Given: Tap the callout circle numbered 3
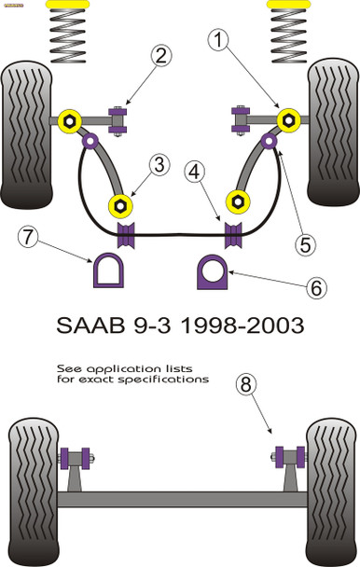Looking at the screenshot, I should tap(159, 166).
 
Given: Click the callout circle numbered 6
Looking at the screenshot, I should tap(317, 288).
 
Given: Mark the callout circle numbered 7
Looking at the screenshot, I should tap(30, 239).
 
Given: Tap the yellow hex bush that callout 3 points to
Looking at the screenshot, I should tap(120, 203).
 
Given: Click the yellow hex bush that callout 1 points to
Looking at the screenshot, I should tap(289, 119).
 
